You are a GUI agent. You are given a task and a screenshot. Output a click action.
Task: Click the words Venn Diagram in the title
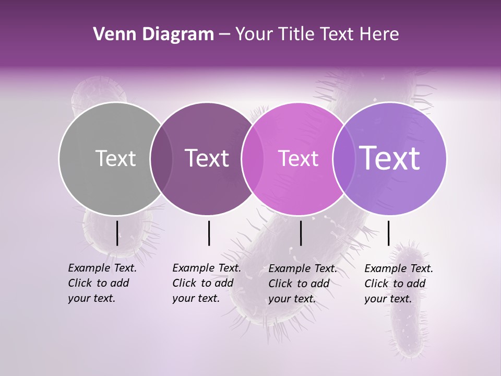153,34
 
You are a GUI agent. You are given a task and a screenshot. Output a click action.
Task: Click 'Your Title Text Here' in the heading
317,34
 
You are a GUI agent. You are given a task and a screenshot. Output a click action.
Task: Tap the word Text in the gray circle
115,158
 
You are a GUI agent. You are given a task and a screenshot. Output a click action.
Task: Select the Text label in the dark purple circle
207,158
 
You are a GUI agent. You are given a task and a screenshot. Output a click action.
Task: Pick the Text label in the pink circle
298,158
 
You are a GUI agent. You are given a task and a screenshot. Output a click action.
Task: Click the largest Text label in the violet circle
390,158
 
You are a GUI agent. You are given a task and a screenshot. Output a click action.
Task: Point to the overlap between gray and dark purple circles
161,159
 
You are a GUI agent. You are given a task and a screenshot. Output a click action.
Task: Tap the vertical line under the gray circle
117,233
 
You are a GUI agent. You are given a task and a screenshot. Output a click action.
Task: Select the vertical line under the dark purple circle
209,233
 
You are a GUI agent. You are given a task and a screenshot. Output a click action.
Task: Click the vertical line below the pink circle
301,233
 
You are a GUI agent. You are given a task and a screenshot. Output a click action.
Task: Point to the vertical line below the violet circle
388,233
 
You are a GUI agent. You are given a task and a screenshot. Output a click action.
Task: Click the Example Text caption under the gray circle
102,283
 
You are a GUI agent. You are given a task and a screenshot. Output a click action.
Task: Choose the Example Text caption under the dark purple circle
206,283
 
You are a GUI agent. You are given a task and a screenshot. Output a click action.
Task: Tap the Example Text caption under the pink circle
302,284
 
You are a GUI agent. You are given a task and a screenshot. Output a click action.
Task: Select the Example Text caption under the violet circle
398,284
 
